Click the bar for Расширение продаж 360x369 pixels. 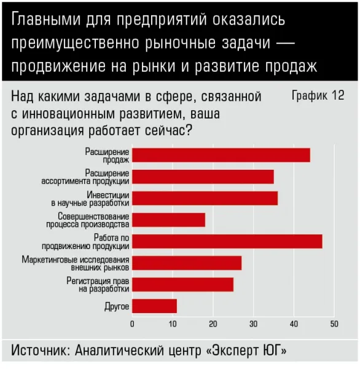click(221, 156)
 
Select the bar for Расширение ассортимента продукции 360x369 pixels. click(203, 177)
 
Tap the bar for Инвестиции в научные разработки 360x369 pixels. click(205, 199)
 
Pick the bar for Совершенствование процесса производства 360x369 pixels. click(168, 220)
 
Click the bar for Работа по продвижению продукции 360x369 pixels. click(227, 242)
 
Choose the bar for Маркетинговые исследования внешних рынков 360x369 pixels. click(187, 263)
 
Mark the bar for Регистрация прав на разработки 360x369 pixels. click(182, 285)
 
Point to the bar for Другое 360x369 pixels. click(154, 306)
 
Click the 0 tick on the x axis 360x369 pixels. click(132, 324)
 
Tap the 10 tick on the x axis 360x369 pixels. click(173, 324)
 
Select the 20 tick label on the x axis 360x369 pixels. click(213, 324)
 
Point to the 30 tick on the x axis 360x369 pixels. click(254, 324)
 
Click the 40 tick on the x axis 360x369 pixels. click(294, 324)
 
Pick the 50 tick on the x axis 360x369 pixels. click(334, 324)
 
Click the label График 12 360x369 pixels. click(318, 96)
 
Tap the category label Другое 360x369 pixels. click(117, 306)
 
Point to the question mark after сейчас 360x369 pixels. click(189, 130)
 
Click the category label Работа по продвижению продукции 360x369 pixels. click(85, 242)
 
